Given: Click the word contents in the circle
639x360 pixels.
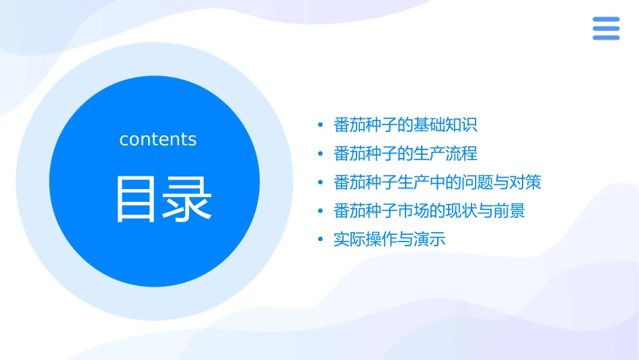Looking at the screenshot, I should click(x=158, y=139).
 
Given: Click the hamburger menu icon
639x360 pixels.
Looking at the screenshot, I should click(x=605, y=28).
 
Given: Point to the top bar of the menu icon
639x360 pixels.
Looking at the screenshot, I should click(x=605, y=20).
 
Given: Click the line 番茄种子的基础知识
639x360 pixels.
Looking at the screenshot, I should click(x=405, y=124).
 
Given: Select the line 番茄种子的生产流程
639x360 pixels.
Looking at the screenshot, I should click(x=405, y=153).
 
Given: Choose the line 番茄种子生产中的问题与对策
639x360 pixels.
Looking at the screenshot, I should click(x=437, y=182).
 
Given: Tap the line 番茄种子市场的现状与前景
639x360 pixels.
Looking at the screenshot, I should click(x=429, y=211).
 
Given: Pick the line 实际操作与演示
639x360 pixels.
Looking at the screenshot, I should click(x=389, y=240).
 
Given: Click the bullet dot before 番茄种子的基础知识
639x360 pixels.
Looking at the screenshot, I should click(x=321, y=125).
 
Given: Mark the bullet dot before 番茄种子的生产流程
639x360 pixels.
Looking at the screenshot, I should click(x=321, y=154).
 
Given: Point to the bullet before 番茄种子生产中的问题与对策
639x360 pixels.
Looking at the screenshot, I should click(x=321, y=183).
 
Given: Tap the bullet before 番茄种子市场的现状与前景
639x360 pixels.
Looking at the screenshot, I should click(x=321, y=211).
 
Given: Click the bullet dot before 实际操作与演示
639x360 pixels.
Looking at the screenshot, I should click(x=321, y=240).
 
